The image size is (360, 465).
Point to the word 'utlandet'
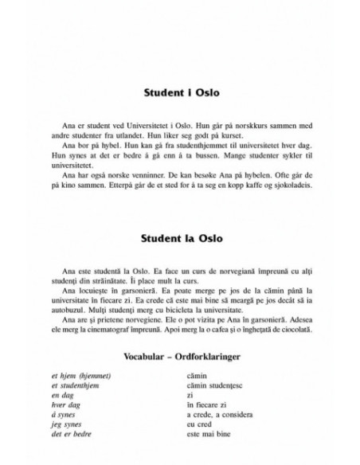pos(136,135)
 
